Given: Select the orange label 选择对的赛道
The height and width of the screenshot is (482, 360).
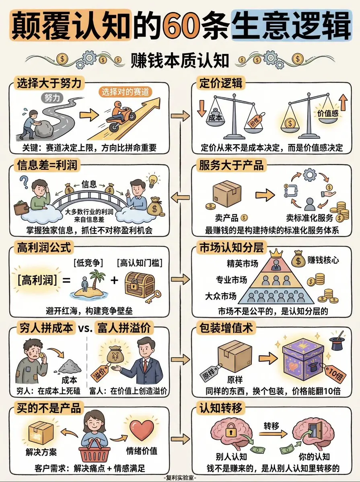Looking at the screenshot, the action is pos(125,92).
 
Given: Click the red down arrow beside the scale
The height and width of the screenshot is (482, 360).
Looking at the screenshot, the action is pos(202,108).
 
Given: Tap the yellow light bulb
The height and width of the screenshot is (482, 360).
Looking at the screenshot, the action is pos(152,180).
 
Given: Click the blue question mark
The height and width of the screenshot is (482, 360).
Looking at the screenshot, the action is pos(24,182).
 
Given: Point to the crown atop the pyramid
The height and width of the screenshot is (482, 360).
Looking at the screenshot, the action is pos(276,253).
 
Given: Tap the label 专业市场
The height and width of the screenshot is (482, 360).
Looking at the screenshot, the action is pos(231,280).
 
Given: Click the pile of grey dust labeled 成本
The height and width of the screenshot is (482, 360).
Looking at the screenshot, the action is pos(70,366).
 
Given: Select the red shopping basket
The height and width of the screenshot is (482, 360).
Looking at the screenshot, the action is pos(95,450).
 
